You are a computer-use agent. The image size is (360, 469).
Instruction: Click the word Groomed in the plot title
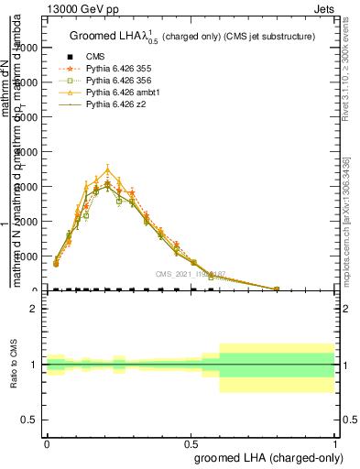(92, 36)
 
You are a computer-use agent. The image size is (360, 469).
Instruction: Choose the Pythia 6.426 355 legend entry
(113, 69)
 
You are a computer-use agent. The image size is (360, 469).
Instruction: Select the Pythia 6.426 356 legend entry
(113, 81)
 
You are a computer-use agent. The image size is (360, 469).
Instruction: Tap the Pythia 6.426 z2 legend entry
(109, 104)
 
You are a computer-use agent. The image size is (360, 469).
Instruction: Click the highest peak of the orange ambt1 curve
(108, 169)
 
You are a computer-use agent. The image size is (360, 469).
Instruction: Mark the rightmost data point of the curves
(277, 289)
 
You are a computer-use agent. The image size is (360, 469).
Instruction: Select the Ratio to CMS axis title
(14, 365)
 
